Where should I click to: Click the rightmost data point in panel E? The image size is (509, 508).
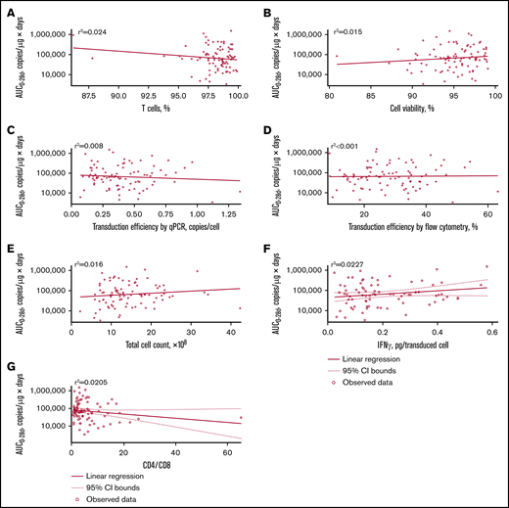[x=240, y=308]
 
